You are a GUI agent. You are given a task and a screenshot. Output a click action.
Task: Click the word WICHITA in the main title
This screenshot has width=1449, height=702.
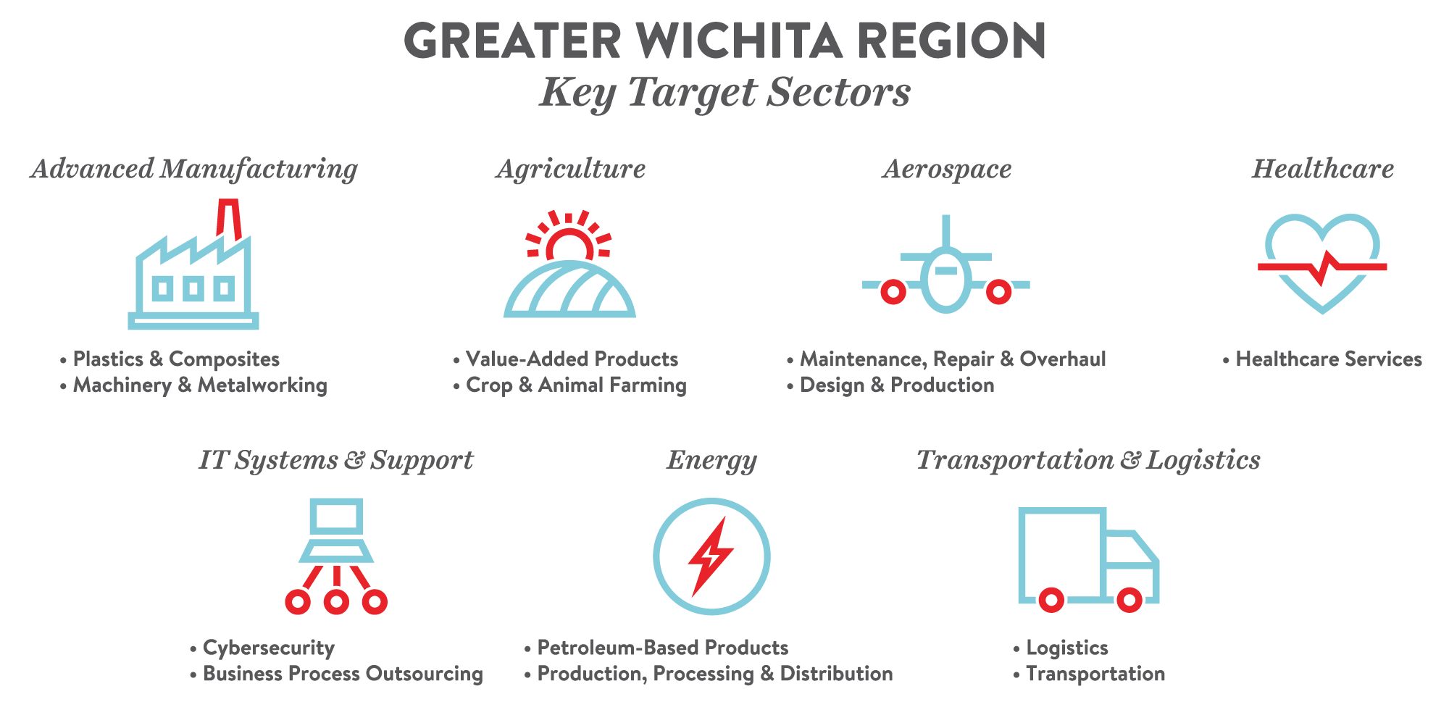[740, 41]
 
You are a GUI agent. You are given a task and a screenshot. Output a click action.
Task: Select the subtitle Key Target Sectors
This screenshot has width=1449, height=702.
[724, 93]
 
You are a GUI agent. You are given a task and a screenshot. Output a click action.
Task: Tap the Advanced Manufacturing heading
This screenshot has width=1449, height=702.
[194, 170]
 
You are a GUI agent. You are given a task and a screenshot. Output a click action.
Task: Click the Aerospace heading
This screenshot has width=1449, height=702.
[947, 170]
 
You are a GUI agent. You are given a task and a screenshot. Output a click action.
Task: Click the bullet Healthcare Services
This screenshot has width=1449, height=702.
[1322, 359]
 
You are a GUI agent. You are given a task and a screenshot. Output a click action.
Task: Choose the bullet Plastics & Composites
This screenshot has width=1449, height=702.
[170, 359]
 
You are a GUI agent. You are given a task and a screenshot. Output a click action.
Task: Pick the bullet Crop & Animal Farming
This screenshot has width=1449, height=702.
[569, 385]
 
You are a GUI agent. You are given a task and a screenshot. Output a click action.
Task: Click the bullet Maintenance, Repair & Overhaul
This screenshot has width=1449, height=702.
[946, 359]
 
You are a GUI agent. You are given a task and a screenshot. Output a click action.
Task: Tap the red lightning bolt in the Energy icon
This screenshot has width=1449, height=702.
[711, 556]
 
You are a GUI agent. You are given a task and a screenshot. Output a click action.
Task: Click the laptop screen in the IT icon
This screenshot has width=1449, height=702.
[336, 517]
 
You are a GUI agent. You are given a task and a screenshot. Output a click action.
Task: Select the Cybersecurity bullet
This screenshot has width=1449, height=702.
[262, 648]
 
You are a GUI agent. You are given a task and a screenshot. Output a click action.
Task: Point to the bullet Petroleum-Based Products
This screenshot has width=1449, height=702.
[656, 648]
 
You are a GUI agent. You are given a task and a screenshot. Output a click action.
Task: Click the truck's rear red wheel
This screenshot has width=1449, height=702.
[1051, 600]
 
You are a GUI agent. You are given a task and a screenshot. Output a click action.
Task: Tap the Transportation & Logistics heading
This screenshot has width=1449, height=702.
[1088, 461]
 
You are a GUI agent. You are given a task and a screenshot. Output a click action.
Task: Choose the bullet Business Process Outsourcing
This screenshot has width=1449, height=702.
[336, 674]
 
